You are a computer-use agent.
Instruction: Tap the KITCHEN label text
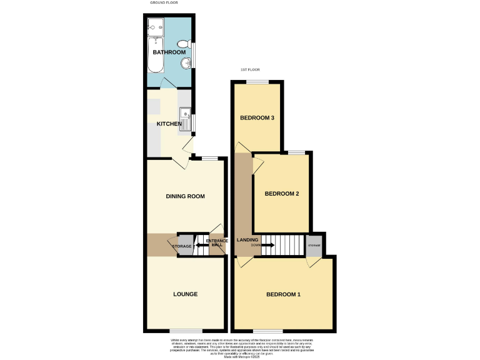169,124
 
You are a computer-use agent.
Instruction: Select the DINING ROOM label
185,196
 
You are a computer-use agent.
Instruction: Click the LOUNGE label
186,294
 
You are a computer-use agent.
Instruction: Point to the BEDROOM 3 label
257,118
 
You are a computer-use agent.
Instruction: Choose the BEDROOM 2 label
281,194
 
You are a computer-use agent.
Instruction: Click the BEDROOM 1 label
284,294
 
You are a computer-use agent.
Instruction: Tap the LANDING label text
248,240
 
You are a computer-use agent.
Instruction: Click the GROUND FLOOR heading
164,3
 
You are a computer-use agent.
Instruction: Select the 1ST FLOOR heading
250,69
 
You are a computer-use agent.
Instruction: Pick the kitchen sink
185,116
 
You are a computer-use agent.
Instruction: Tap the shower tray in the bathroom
156,26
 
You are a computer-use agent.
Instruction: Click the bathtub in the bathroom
154,54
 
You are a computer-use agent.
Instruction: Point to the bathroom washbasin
186,63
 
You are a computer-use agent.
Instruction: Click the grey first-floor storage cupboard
314,245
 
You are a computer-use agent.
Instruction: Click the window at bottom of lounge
186,330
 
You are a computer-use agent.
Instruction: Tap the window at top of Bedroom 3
257,81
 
